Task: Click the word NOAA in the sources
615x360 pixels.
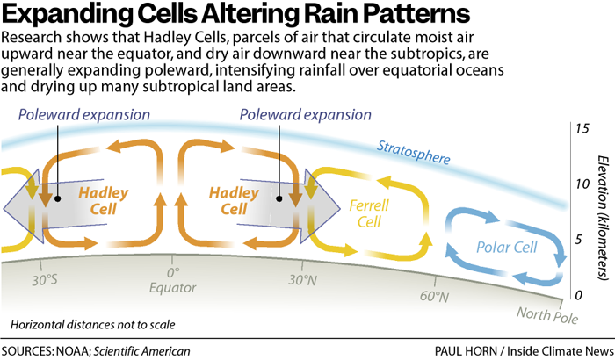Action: tap(86, 350)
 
